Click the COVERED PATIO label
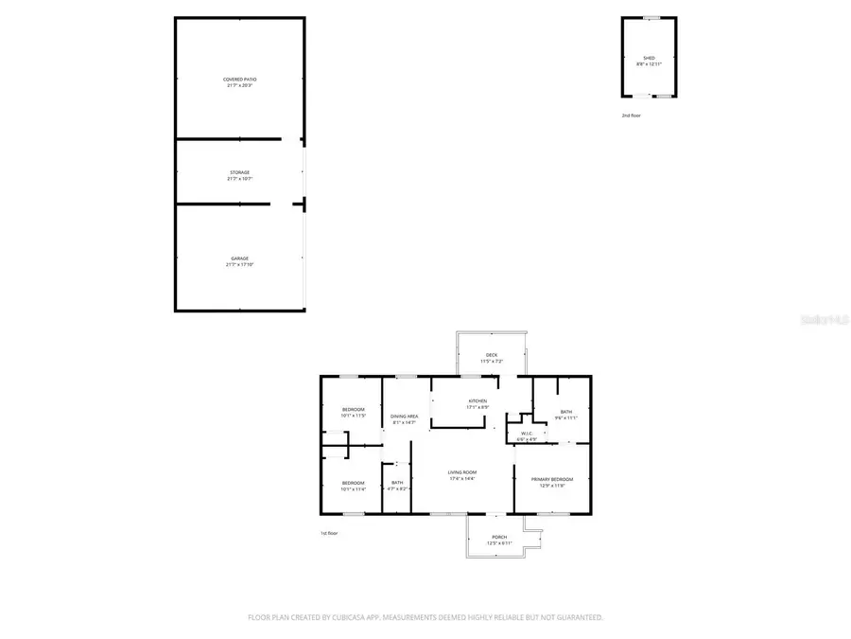click(x=239, y=80)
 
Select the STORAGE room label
click(x=239, y=172)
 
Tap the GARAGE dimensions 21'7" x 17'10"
click(x=239, y=265)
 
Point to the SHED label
click(x=649, y=58)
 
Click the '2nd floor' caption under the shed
click(x=631, y=115)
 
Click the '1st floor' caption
click(x=329, y=533)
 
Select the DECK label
click(x=492, y=355)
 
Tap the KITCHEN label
click(x=478, y=401)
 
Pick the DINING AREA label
click(x=405, y=417)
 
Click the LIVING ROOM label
click(x=462, y=472)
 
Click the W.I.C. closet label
click(x=526, y=434)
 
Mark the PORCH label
click(x=499, y=537)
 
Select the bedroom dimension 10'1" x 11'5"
click(x=353, y=416)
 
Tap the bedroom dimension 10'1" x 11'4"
click(x=353, y=489)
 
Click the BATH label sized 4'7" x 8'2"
click(x=397, y=483)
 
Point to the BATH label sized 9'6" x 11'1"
click(x=565, y=412)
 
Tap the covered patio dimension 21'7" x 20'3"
click(x=239, y=86)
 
